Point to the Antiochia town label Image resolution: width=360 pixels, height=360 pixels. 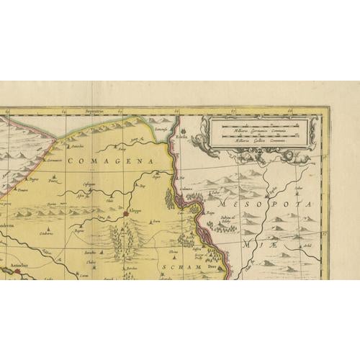[11, 266]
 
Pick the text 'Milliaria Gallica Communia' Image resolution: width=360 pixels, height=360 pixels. [259, 140]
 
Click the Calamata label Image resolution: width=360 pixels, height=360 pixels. [186, 189]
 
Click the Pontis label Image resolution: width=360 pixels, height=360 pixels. [54, 181]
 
